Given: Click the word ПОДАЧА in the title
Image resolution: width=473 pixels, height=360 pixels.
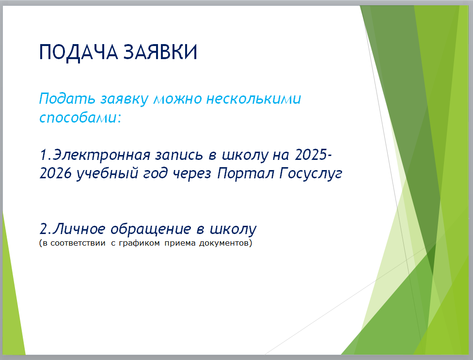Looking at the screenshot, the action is coord(79,53).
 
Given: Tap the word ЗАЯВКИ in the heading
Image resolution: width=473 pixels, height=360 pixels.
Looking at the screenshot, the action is coord(160,52).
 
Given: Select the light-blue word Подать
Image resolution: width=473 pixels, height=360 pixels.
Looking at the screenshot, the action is coord(67,98).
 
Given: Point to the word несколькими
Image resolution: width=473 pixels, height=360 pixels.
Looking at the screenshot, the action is coord(253,98).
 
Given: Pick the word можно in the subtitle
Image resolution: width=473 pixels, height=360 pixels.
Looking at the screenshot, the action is coord(178,99).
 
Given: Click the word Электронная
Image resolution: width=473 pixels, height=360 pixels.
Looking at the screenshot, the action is coord(102,155).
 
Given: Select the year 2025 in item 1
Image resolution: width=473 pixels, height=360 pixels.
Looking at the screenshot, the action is coord(311,155).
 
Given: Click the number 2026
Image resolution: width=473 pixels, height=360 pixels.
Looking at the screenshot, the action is coord(56,173).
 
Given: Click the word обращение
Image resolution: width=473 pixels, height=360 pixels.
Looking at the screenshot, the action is coord(151,229).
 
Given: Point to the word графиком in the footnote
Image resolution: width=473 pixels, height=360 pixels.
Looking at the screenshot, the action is coord(139,243).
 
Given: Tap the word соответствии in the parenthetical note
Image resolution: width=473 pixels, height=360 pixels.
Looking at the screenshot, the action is coord(78,243).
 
